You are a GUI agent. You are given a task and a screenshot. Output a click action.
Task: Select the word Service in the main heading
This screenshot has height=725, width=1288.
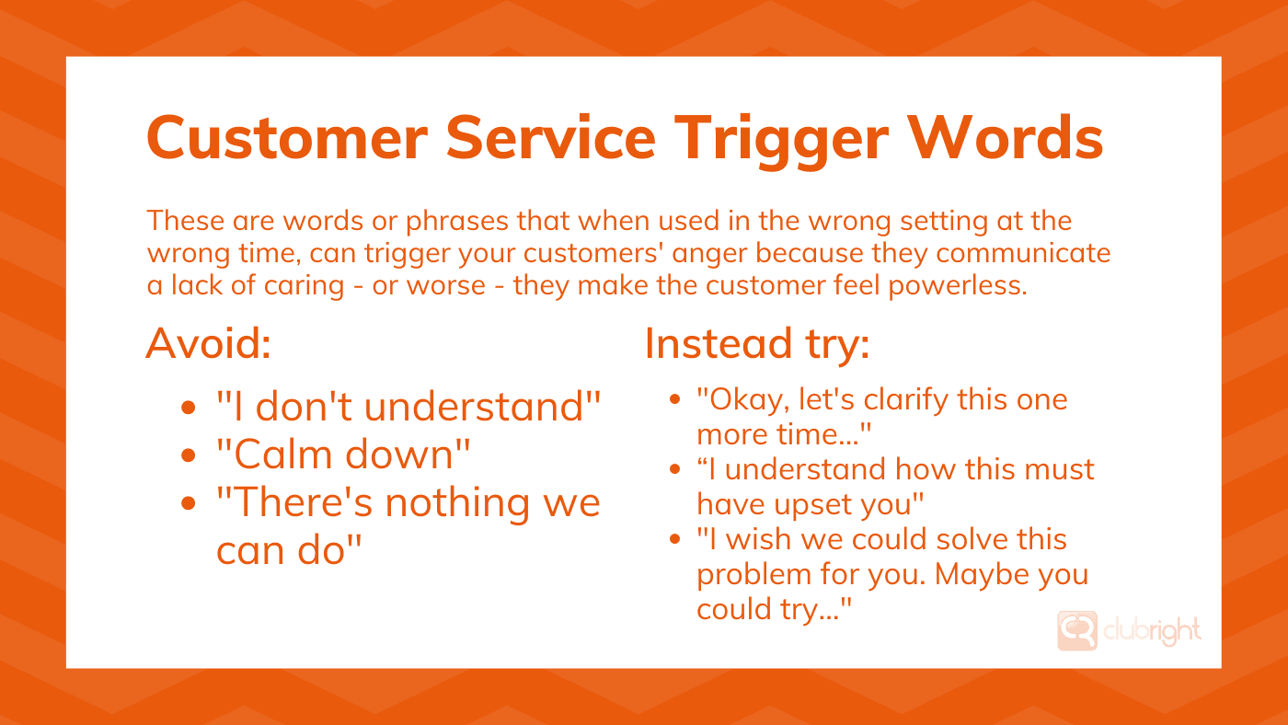pyautogui.click(x=552, y=138)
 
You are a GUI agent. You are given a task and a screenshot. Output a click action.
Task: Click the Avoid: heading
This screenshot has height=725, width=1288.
pyautogui.click(x=209, y=344)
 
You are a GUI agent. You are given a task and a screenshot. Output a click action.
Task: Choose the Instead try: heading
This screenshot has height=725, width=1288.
pyautogui.click(x=756, y=344)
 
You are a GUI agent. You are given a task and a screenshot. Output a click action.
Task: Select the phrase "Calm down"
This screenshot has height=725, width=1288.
pyautogui.click(x=343, y=454)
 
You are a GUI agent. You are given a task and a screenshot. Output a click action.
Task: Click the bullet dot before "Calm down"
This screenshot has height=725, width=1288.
pyautogui.click(x=189, y=455)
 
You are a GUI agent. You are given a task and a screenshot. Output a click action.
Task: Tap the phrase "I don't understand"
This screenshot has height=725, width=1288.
pyautogui.click(x=408, y=406)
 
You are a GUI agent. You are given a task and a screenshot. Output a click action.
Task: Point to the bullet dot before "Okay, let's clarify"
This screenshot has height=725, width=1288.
pyautogui.click(x=674, y=401)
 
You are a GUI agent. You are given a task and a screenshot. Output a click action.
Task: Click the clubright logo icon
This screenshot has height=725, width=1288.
pyautogui.click(x=1076, y=631)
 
